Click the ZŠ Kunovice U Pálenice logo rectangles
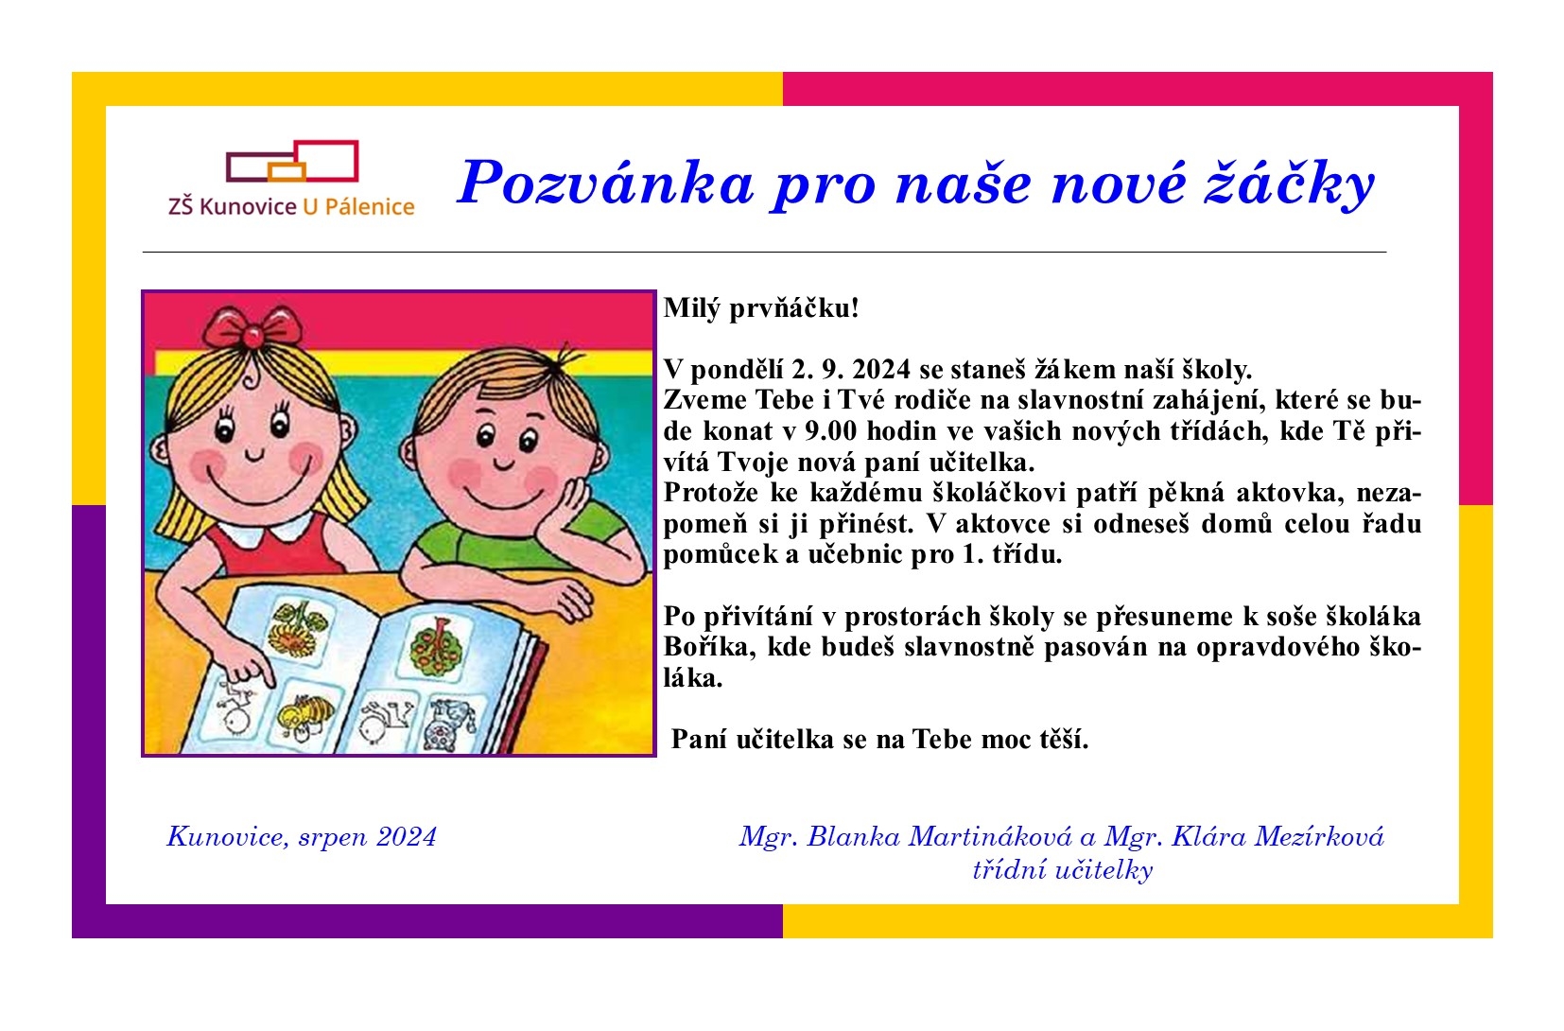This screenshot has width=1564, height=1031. (292, 162)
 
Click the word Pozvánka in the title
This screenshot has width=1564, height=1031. (606, 183)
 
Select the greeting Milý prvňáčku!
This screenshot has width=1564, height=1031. (761, 308)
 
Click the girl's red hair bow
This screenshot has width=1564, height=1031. (252, 327)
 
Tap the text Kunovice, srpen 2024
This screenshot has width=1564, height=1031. (302, 837)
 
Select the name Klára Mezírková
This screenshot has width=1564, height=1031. (1277, 836)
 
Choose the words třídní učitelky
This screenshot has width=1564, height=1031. (1063, 870)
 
